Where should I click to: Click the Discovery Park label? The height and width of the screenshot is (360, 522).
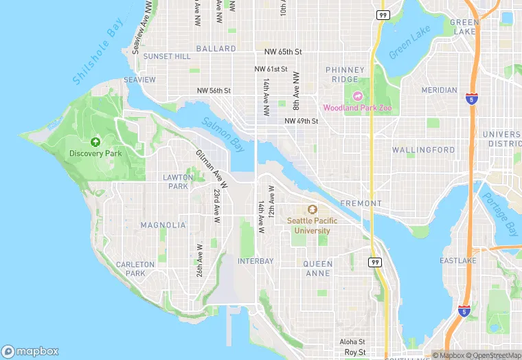[x=95, y=153]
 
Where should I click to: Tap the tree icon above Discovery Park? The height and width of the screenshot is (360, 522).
[x=95, y=140]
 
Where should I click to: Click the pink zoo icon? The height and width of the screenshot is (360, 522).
[x=356, y=96]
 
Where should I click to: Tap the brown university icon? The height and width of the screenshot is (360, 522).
[x=313, y=210]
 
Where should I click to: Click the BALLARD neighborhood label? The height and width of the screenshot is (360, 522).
[x=216, y=49]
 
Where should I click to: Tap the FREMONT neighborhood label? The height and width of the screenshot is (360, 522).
[x=361, y=203]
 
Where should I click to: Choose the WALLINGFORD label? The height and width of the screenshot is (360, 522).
[x=423, y=150]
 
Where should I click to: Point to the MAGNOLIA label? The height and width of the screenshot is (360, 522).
[x=163, y=225]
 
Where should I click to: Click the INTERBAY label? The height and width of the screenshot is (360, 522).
[x=256, y=261]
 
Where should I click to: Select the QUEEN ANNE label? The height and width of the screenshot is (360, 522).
[x=318, y=269]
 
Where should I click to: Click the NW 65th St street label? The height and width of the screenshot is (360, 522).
[x=283, y=52]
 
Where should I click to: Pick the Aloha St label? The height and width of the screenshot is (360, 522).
[x=352, y=341]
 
